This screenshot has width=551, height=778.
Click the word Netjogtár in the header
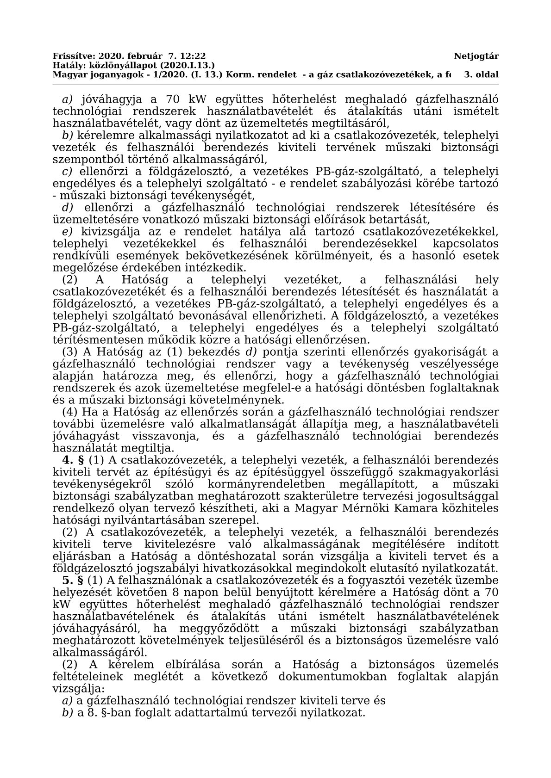(476, 56)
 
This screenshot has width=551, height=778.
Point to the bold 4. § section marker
(74, 460)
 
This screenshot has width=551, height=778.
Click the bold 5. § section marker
(74, 580)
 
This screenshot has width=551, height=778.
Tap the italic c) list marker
(68, 171)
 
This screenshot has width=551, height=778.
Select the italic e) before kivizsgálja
(68, 231)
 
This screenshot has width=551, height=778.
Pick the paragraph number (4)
(70, 412)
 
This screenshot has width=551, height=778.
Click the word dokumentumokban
(334, 676)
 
